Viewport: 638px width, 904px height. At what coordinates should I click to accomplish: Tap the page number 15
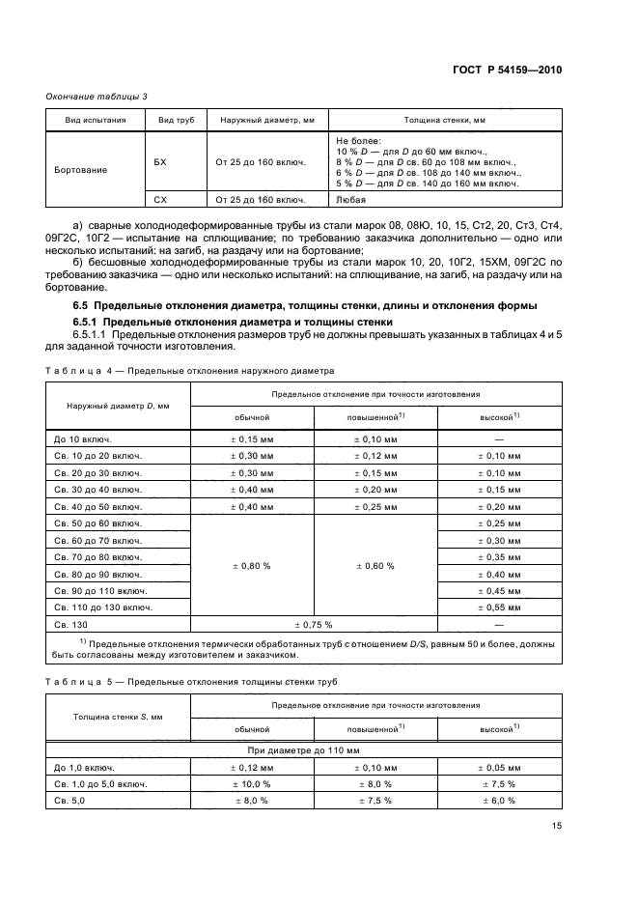(x=556, y=826)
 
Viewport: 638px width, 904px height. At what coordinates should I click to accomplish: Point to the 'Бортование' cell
(x=81, y=170)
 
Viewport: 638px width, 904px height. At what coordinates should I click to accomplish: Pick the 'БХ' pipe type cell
(x=161, y=162)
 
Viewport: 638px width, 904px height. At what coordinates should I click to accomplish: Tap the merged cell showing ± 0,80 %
(x=252, y=565)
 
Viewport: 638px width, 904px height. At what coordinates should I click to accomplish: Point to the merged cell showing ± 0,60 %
(x=375, y=565)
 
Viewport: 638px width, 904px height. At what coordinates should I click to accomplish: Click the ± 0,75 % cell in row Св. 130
(x=313, y=624)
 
